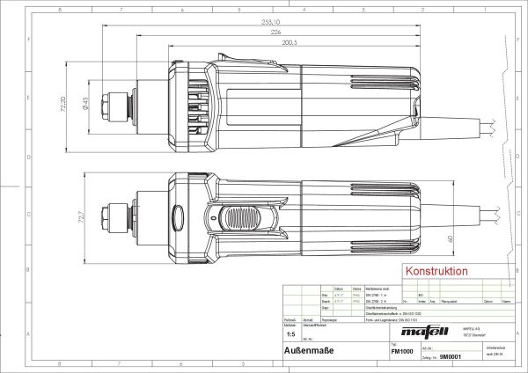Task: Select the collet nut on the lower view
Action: click(115, 216)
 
